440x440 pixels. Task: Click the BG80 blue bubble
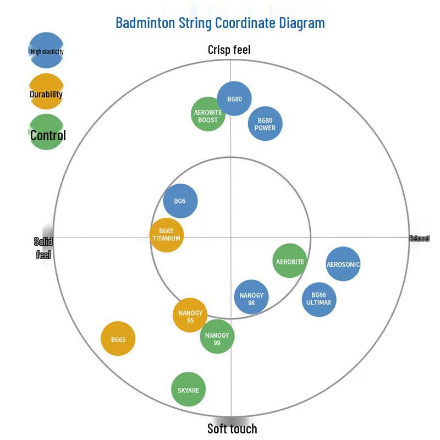pyautogui.click(x=234, y=98)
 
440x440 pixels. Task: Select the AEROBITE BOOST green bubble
pyautogui.click(x=208, y=114)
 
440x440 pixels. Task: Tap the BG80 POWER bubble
pyautogui.click(x=265, y=123)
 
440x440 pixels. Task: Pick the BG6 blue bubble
pyautogui.click(x=180, y=201)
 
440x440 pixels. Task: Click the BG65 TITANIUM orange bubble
pyautogui.click(x=167, y=235)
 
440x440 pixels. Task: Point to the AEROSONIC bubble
pyautogui.click(x=343, y=264)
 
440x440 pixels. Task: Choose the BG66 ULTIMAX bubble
pyautogui.click(x=319, y=299)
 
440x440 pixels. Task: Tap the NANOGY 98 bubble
pyautogui.click(x=251, y=297)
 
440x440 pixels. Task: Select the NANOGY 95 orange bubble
pyautogui.click(x=190, y=315)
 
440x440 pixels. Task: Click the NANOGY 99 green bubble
pyautogui.click(x=217, y=336)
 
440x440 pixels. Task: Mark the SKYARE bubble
pyautogui.click(x=188, y=389)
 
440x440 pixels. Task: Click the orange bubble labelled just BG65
pyautogui.click(x=118, y=338)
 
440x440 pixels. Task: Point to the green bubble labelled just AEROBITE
pyautogui.click(x=290, y=261)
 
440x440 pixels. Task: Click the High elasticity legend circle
pyautogui.click(x=46, y=50)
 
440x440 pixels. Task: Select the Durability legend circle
pyautogui.click(x=46, y=91)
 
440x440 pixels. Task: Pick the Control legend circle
pyautogui.click(x=46, y=132)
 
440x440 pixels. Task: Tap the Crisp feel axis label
pyautogui.click(x=229, y=50)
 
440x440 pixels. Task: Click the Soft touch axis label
pyautogui.click(x=232, y=428)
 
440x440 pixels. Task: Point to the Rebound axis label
pyautogui.click(x=419, y=239)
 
